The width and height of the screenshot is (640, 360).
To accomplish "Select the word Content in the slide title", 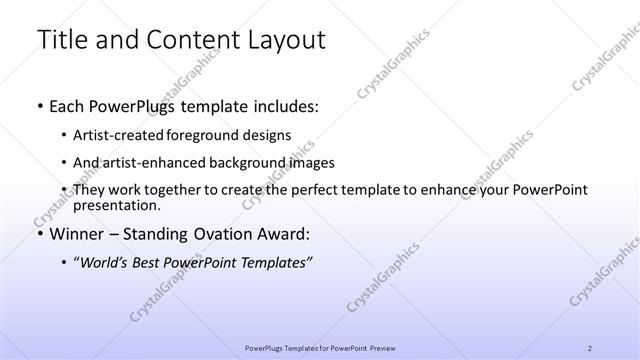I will click(188, 40).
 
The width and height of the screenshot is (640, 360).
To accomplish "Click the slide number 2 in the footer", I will click(590, 348).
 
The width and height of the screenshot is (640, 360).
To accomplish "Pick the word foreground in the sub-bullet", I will click(211, 135).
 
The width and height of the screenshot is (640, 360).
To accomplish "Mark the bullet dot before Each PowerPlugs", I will click(38, 106).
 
